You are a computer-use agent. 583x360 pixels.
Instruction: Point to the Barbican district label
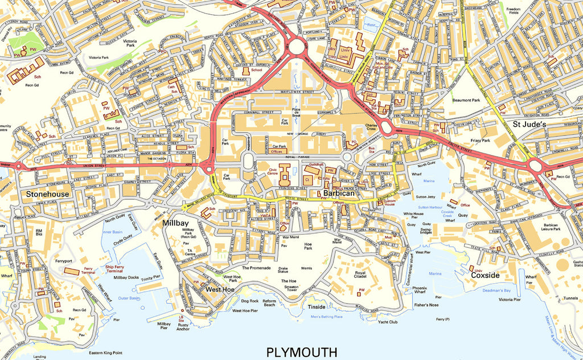click(339, 194)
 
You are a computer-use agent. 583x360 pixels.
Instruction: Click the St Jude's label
click(529, 124)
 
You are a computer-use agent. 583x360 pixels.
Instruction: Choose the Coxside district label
click(485, 275)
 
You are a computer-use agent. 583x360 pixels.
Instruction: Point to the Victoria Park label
click(130, 44)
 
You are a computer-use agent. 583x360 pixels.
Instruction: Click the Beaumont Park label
click(466, 100)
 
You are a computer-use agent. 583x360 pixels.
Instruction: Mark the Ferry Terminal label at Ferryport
click(89, 271)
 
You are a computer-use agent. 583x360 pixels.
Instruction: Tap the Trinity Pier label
click(150, 277)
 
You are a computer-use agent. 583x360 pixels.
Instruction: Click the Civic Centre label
click(273, 170)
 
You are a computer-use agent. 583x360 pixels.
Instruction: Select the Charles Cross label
click(372, 128)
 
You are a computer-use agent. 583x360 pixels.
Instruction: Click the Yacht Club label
click(387, 322)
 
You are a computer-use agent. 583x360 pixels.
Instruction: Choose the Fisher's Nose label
click(426, 305)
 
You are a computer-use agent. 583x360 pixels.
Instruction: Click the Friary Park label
click(481, 140)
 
